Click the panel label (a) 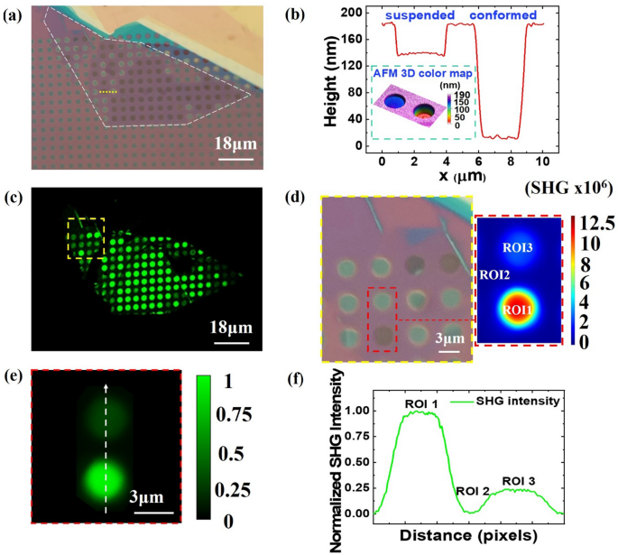[x=15, y=14]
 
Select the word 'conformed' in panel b [x=503, y=14]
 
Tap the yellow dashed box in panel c [x=86, y=236]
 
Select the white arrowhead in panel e [x=106, y=385]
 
